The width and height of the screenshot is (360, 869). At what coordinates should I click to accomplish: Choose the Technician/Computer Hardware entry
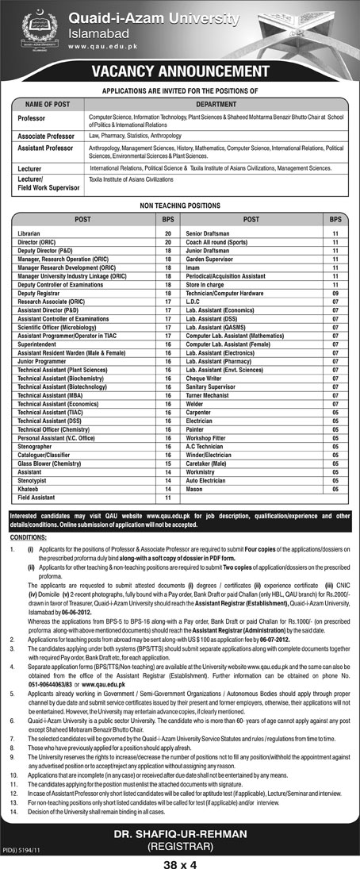coord(223,292)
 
